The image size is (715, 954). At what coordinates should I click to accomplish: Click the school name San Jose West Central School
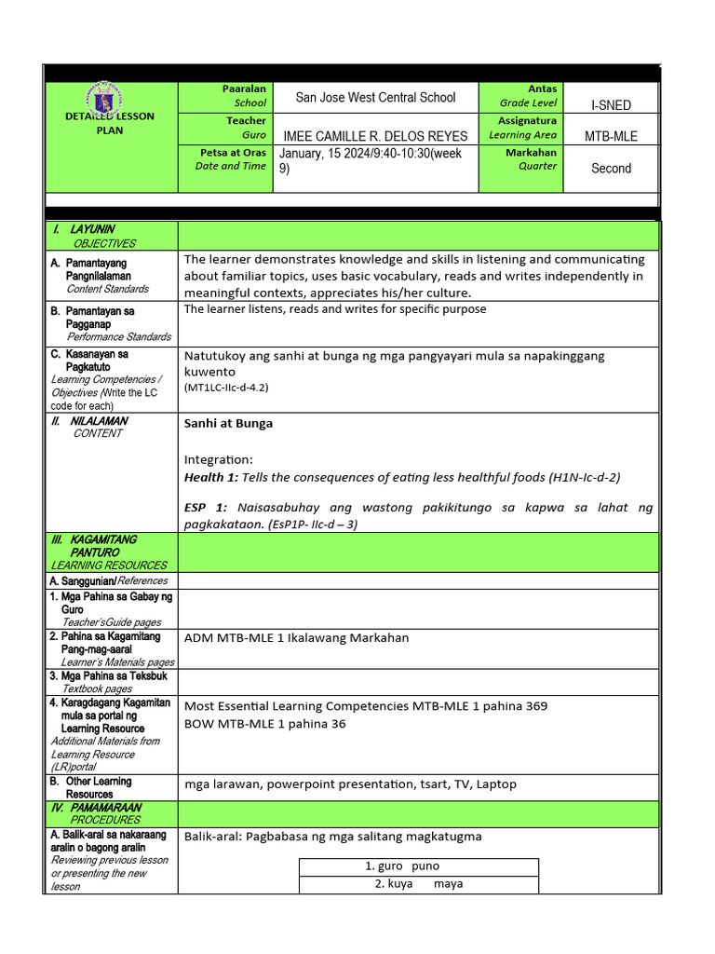point(375,97)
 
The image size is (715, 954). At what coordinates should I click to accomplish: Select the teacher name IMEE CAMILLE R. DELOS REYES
point(375,136)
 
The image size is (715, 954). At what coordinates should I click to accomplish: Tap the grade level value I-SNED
point(611,106)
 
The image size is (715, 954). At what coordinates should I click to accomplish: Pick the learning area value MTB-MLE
point(611,136)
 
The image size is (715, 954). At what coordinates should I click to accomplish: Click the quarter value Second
point(611,169)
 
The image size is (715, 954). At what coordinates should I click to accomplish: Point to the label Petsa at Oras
point(233,152)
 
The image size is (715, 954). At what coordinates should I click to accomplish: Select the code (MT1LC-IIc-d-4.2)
point(226,387)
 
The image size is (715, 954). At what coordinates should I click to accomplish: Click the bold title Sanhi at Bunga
point(228,423)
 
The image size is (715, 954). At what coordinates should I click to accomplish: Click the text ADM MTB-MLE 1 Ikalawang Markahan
point(296,637)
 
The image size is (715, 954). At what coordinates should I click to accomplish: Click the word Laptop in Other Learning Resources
point(495,784)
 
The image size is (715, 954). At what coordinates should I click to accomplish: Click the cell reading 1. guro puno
point(401,866)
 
